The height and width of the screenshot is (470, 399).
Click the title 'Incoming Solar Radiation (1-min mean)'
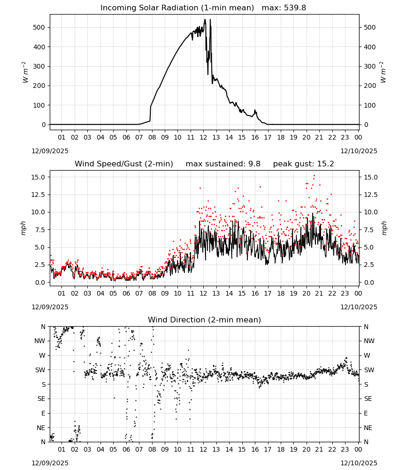tap(177, 8)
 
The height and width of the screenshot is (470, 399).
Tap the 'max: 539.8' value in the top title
tap(284, 8)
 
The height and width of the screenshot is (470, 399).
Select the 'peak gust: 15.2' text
tap(303, 164)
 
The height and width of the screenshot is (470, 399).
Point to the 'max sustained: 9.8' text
tap(223, 164)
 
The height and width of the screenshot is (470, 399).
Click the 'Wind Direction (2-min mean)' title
tap(205, 320)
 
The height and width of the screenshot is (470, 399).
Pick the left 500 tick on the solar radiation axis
tap(39, 27)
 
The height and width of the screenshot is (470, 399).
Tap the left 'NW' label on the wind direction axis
tap(40, 341)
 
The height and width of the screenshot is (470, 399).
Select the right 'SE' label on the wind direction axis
tap(368, 399)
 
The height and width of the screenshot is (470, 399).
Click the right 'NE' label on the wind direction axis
tap(368, 428)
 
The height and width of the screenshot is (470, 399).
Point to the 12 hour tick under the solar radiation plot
tap(203, 137)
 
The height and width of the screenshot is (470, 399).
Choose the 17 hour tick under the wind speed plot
tap(268, 293)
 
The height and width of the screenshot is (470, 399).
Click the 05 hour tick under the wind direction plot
tap(113, 449)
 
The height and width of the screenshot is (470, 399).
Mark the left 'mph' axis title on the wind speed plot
tap(23, 228)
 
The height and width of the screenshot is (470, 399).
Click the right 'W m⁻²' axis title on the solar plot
tap(383, 72)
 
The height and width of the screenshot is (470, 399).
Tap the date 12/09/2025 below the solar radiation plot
tap(50, 151)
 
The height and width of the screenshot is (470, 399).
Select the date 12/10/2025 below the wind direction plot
tap(359, 463)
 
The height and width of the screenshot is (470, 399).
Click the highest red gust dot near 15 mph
tap(314, 176)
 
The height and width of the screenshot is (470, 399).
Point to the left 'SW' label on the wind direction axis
tap(40, 370)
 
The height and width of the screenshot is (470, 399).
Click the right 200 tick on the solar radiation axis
tap(370, 86)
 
